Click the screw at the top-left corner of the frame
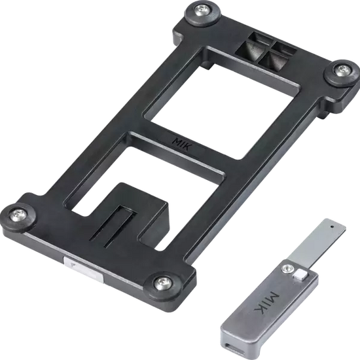pos(203,10)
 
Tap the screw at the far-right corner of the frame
pos(343,70)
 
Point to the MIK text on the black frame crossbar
pos(182,144)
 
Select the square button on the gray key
pos(300,275)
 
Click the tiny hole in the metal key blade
pos(332,226)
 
